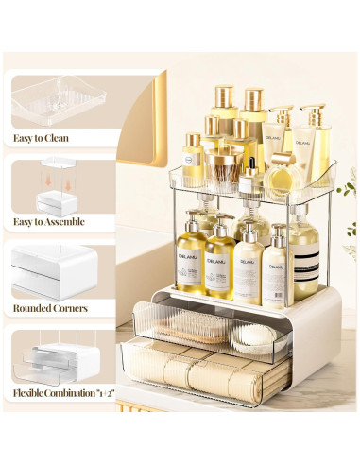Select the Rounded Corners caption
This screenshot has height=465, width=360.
[51, 307]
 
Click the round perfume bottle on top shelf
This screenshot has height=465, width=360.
[281, 181]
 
